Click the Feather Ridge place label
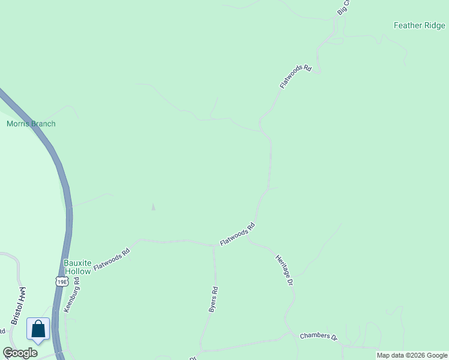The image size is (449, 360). [x=419, y=25]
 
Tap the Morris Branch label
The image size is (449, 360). [x=31, y=124]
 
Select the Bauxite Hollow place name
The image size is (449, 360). [x=77, y=267]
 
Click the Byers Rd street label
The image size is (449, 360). [x=212, y=299]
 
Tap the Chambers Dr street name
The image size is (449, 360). [x=318, y=336]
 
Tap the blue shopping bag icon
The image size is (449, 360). [x=38, y=329]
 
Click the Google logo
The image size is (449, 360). [x=20, y=353]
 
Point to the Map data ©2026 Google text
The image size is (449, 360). [x=412, y=355]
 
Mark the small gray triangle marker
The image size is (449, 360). [x=153, y=207]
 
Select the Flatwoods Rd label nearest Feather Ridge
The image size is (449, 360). [x=296, y=77]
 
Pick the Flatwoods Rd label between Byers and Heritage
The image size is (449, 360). [x=238, y=234]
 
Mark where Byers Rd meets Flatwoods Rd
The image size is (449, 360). [x=214, y=245]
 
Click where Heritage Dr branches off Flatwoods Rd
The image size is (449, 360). [x=249, y=241]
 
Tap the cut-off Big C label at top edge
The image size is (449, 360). [x=343, y=7]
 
